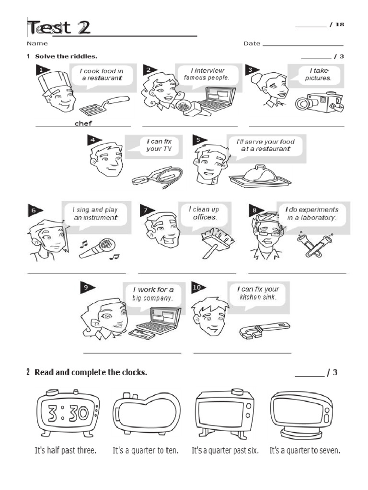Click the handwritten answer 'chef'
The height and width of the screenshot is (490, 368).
coord(83,123)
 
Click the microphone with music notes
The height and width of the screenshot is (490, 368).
coord(98,247)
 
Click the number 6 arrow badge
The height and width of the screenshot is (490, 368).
coord(35,210)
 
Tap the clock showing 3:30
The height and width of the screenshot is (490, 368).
coord(67,412)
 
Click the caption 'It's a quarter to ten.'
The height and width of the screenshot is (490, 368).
coord(145,450)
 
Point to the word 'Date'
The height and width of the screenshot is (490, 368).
coord(252,44)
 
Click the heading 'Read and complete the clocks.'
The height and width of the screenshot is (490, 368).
coord(91,372)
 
